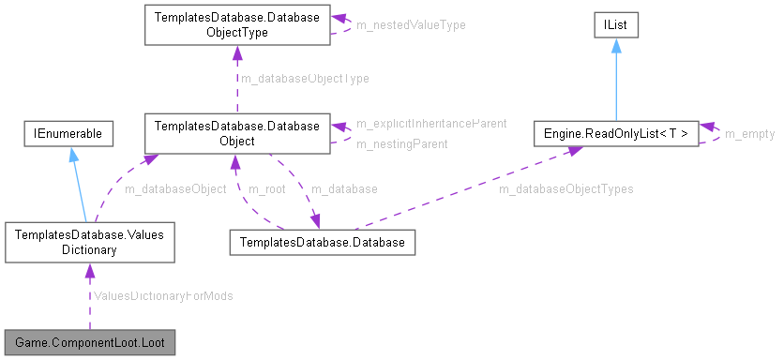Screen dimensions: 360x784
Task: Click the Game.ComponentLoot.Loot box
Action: (89, 342)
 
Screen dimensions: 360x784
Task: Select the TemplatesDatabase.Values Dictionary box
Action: (89, 243)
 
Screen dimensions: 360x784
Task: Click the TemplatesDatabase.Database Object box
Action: (236, 133)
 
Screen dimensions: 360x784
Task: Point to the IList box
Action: (615, 25)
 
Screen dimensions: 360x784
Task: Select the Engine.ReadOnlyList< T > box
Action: (615, 134)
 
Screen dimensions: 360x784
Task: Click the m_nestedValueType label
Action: (411, 24)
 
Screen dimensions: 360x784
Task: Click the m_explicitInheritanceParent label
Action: (431, 123)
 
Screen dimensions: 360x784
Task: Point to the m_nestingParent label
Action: (401, 143)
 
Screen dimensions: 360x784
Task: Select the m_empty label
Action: (750, 134)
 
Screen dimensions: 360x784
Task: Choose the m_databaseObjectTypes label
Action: (565, 188)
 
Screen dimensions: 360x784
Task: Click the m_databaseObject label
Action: (175, 188)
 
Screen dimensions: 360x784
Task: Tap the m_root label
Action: (266, 188)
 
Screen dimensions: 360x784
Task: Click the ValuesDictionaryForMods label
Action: (162, 295)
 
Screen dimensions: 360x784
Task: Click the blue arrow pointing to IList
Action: (615, 79)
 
